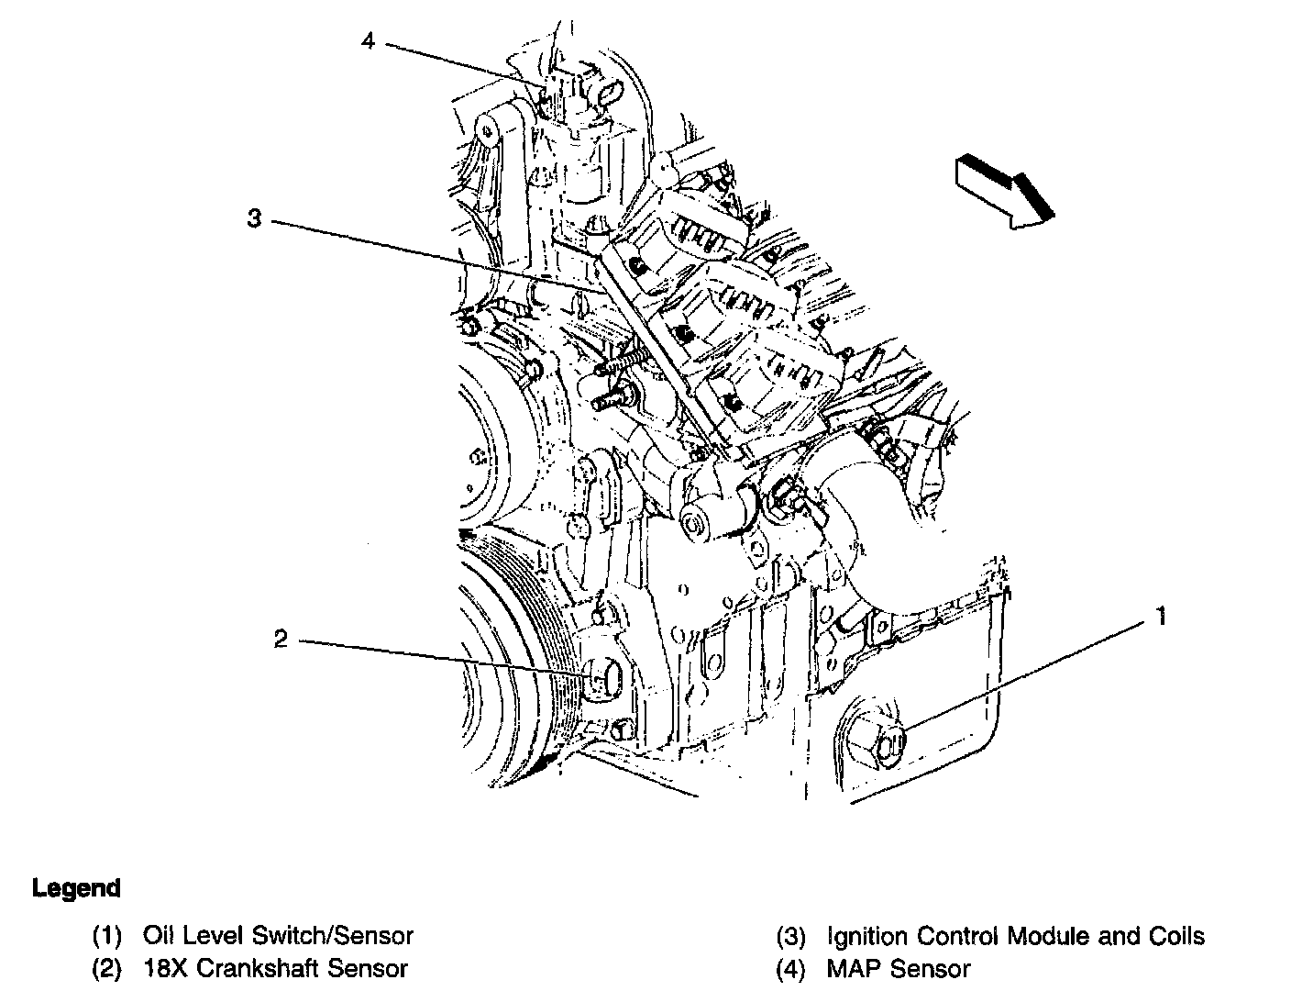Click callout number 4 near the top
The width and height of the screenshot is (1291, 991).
point(368,41)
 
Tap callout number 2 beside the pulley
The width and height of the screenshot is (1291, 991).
point(281,639)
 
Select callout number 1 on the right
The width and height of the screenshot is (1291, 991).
point(1161,617)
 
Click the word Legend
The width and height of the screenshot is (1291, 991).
point(76,888)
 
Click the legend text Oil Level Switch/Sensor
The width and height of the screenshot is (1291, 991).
point(278,936)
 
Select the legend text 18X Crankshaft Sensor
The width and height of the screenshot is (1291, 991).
point(275,968)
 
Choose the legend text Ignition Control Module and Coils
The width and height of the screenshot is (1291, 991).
point(1015,936)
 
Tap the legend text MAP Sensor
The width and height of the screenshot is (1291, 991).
point(898,968)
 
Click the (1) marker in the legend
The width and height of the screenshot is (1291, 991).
point(106,937)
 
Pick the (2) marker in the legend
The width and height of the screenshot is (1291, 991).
point(106,969)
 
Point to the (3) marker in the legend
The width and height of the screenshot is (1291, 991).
point(790,937)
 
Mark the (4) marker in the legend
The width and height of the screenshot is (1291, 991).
point(790,969)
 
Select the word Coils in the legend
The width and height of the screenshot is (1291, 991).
point(1176,936)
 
